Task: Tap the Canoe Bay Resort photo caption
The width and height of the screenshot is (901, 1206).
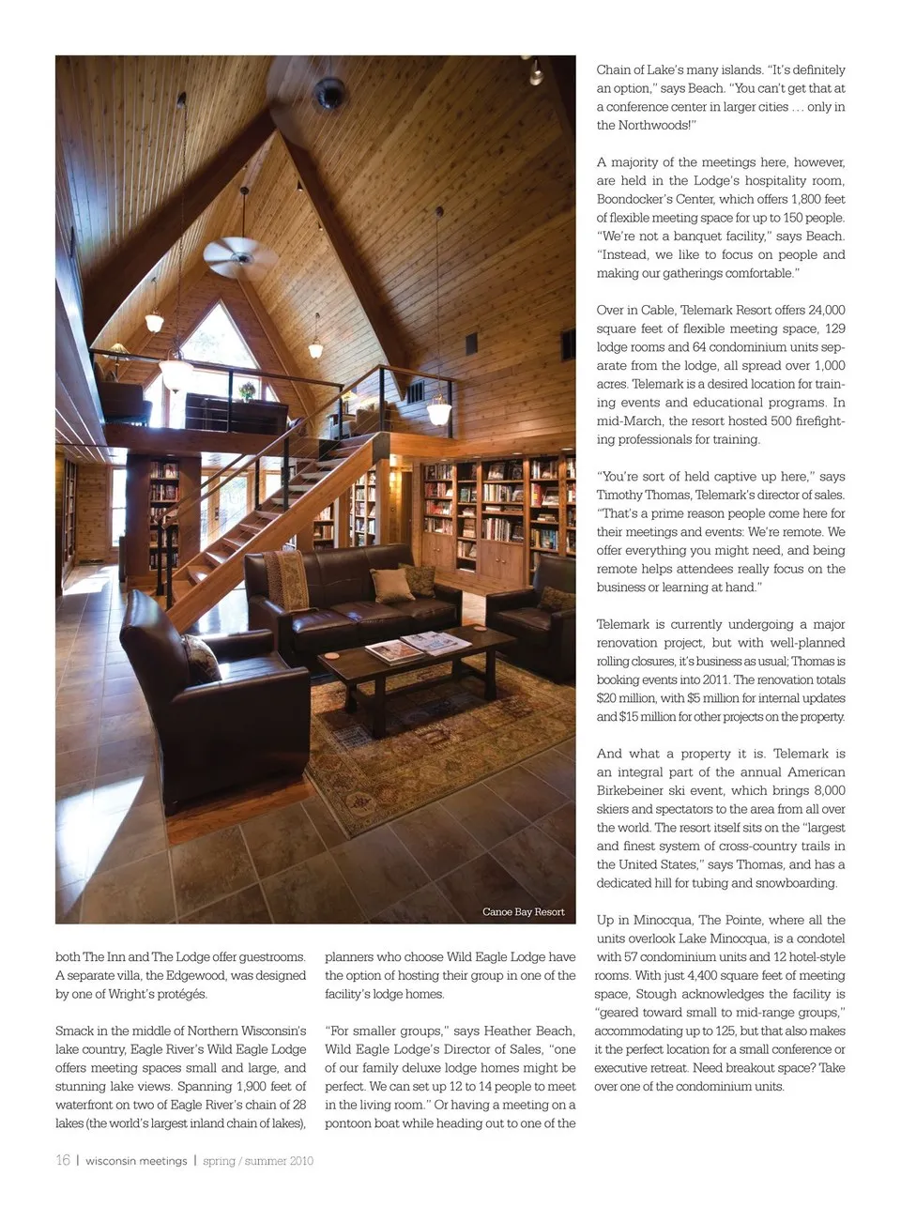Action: click(523, 911)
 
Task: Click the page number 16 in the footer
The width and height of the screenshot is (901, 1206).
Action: click(63, 1160)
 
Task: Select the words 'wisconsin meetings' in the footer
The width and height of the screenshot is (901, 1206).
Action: click(136, 1161)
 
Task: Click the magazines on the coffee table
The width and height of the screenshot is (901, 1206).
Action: click(418, 647)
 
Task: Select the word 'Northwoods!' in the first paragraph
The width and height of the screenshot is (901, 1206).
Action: click(655, 125)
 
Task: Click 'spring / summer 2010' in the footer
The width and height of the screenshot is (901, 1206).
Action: click(258, 1161)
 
